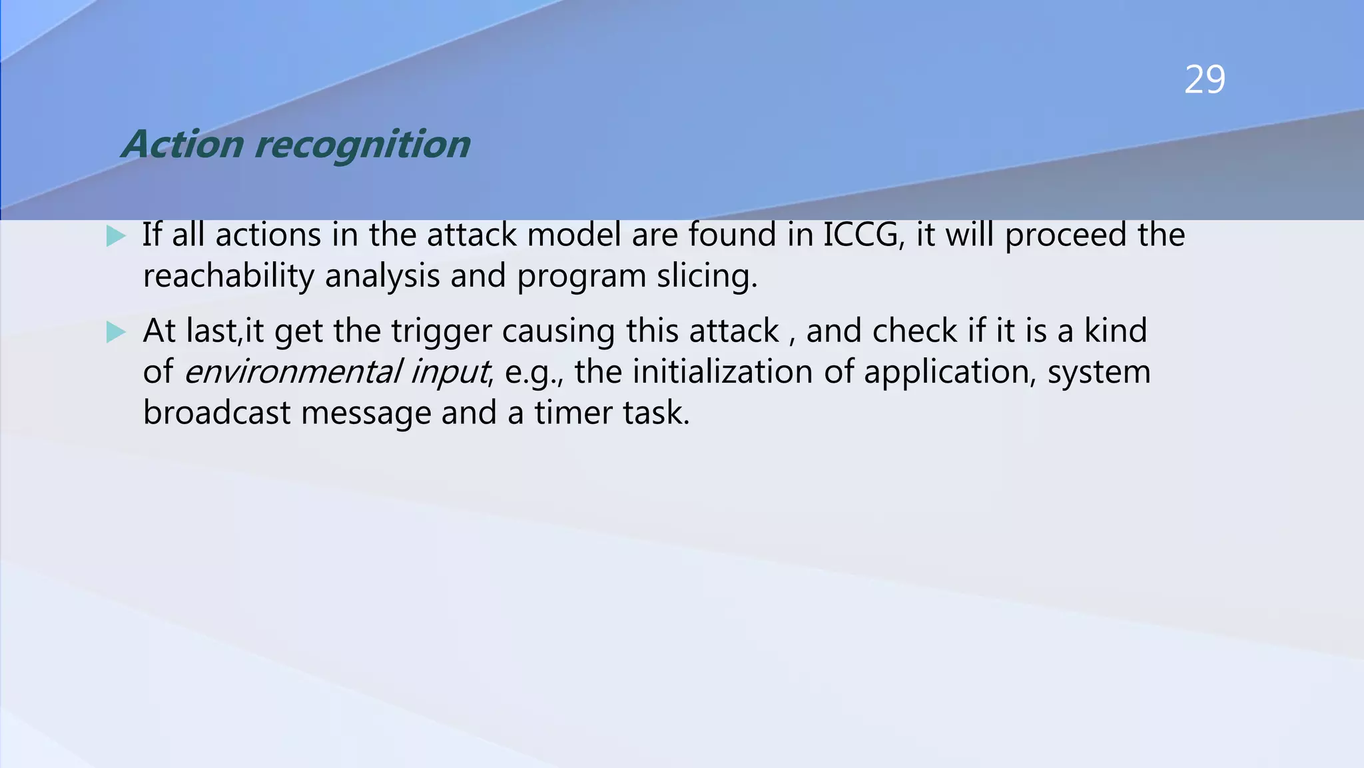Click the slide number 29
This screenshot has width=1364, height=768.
click(1204, 80)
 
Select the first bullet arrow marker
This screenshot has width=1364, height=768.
click(116, 236)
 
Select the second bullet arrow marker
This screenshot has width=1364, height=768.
click(116, 332)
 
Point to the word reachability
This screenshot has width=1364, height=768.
click(228, 276)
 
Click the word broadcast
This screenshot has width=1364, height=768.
click(216, 413)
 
